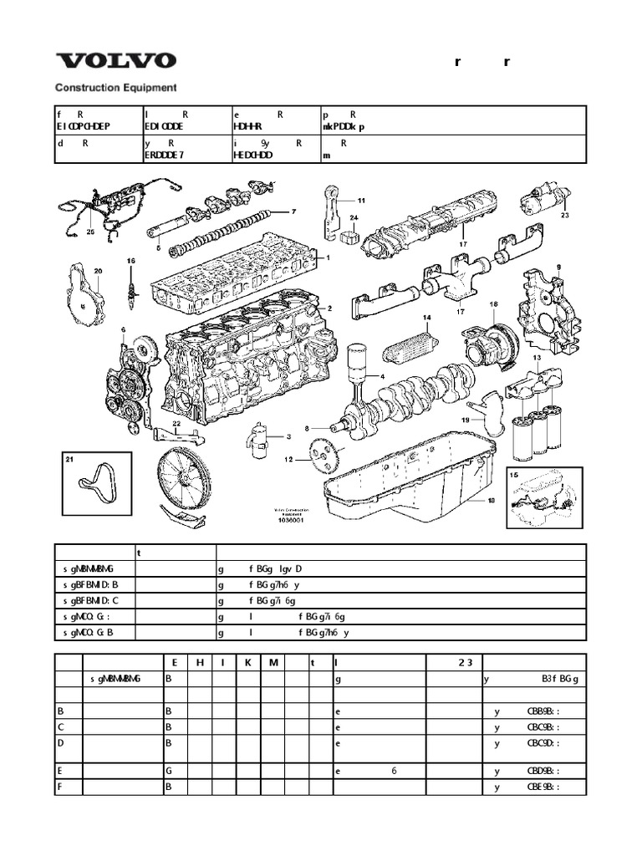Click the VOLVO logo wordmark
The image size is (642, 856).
coord(115,61)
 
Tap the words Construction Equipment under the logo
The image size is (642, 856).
coord(115,86)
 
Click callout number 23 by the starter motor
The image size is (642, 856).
coord(564,215)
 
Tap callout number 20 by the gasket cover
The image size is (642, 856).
coord(98,271)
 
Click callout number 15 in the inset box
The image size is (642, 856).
coord(514,474)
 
